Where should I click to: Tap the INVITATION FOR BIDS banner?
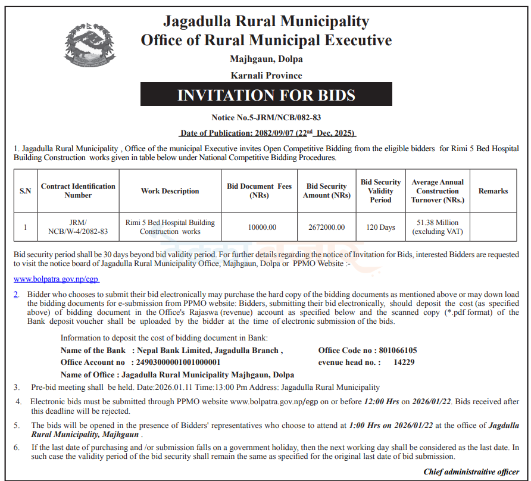[266, 95]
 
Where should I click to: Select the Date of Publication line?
[267, 132]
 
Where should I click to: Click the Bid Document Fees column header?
[259, 191]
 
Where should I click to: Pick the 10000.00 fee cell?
[259, 227]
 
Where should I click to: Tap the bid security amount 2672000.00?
[326, 227]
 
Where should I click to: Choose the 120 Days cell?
[380, 227]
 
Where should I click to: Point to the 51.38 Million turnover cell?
[438, 227]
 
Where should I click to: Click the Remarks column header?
[493, 191]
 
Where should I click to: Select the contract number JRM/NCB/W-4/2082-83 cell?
[78, 227]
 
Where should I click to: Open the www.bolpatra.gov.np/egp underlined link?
[56, 279]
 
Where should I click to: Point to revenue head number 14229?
[404, 362]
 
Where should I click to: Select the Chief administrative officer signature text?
[471, 471]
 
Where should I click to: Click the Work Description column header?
[170, 191]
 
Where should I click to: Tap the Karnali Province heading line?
[266, 76]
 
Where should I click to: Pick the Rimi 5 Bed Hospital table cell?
[170, 227]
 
